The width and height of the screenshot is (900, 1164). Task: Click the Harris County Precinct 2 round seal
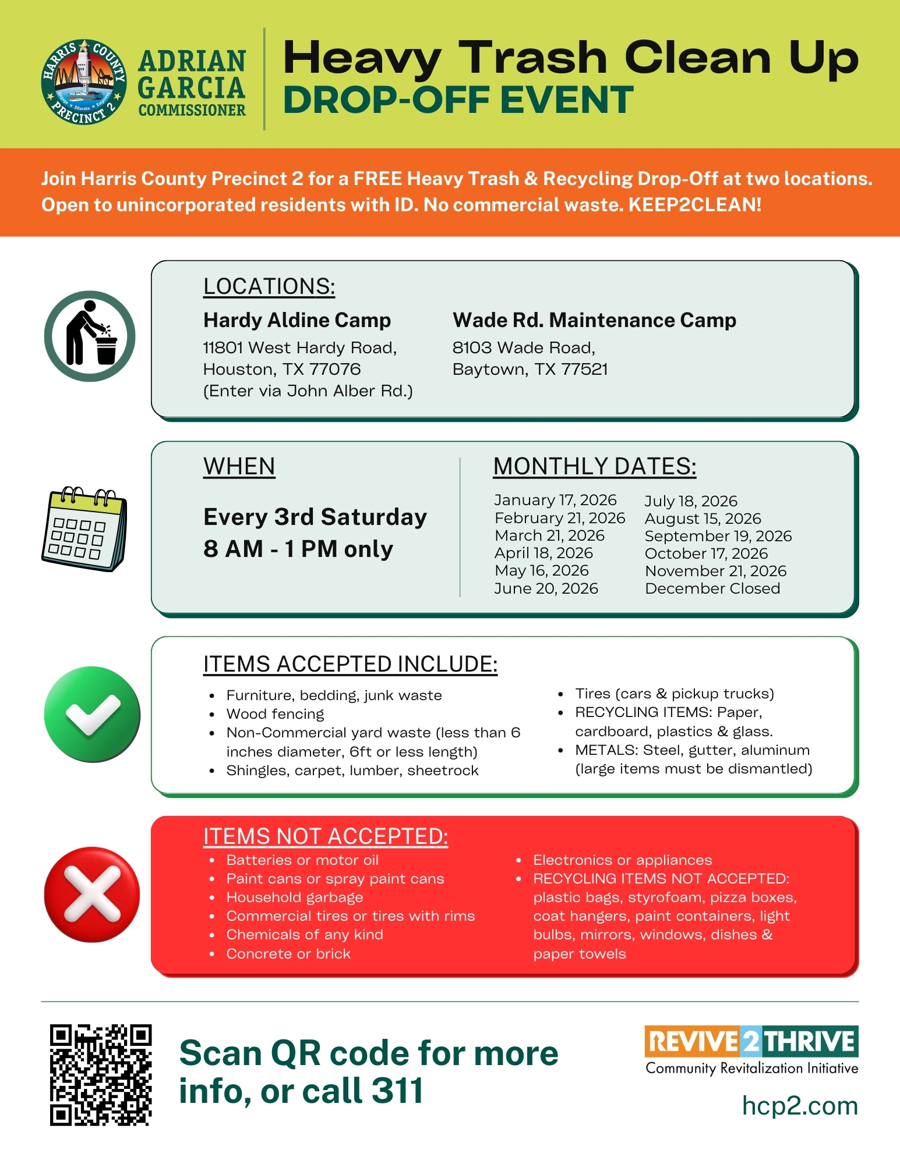(84, 81)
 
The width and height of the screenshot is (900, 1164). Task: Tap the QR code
(101, 1074)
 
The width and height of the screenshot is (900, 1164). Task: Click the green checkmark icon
(92, 714)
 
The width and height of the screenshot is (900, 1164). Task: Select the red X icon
(92, 894)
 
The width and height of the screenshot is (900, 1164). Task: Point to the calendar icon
(84, 529)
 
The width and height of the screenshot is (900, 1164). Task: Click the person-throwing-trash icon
(90, 336)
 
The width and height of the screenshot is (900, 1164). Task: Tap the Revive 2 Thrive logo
(751, 1042)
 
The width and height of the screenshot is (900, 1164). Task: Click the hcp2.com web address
(800, 1106)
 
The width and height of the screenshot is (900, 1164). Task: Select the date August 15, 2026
(703, 519)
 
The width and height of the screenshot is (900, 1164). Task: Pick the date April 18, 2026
(543, 553)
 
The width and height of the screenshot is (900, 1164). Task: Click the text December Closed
(712, 588)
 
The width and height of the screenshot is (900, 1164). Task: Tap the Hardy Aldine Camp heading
(297, 320)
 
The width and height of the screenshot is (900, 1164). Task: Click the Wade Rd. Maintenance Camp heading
(594, 320)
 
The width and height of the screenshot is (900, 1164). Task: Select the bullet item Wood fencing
(275, 714)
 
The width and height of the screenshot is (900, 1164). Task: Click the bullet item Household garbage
(294, 897)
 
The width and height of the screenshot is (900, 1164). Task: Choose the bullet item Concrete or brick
(288, 953)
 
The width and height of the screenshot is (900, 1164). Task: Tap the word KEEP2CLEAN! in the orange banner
(695, 205)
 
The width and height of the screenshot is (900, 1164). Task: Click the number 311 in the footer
(397, 1091)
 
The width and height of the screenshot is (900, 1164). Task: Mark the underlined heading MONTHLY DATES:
(594, 467)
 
